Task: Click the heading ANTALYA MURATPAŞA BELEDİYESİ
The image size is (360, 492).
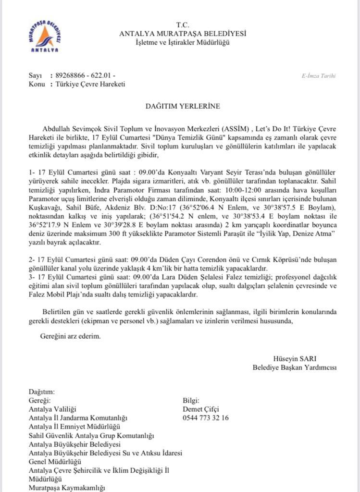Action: (183, 34)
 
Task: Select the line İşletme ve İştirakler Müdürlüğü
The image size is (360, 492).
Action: (183, 43)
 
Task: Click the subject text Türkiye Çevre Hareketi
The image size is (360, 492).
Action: (90, 84)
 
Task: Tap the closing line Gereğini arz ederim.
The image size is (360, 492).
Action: (71, 336)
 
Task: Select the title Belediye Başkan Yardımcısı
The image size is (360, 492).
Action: (295, 368)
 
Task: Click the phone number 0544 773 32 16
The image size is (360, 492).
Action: (206, 418)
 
